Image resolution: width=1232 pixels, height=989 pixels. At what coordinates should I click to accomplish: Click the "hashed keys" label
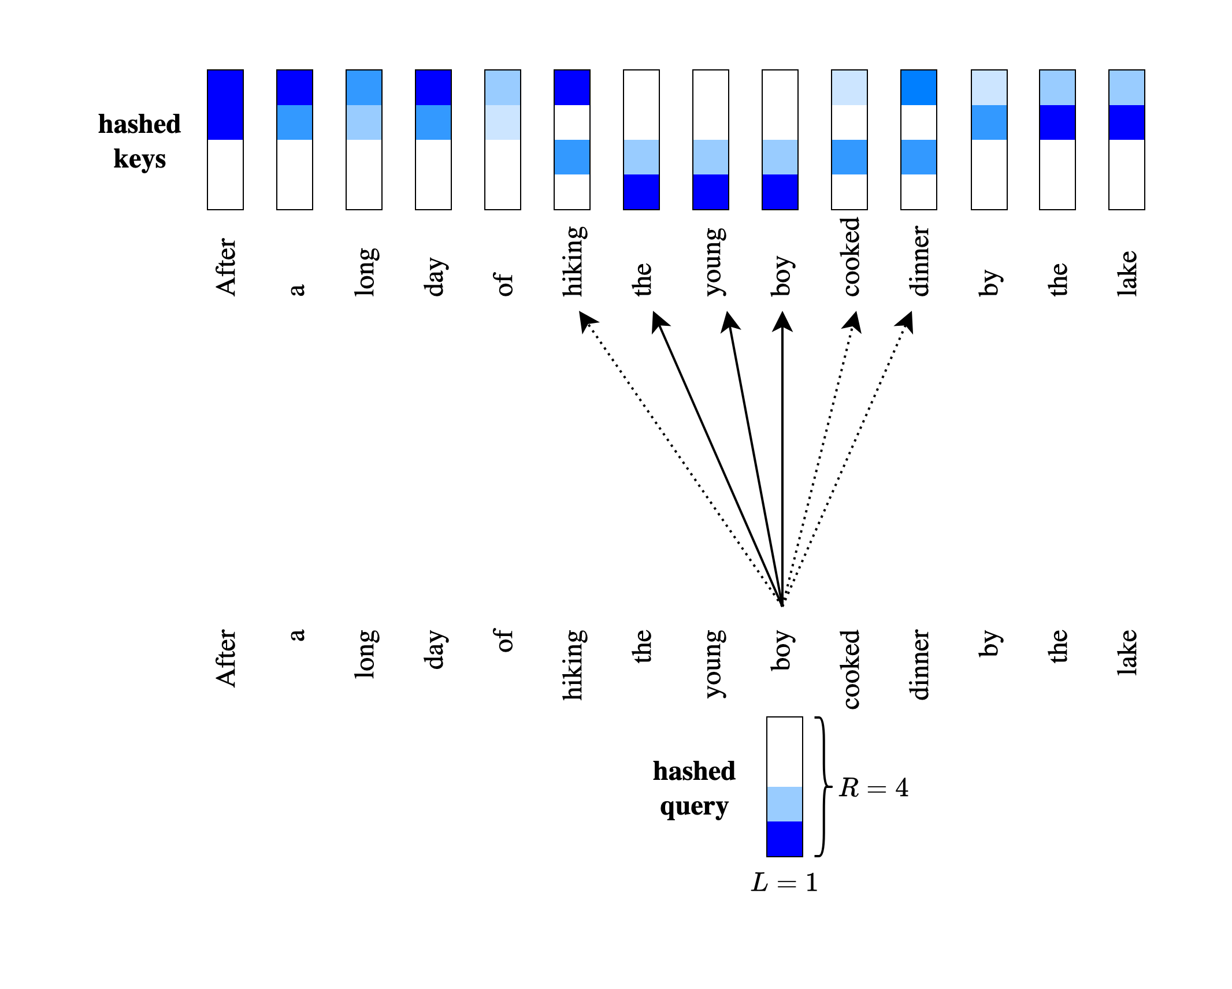click(x=139, y=142)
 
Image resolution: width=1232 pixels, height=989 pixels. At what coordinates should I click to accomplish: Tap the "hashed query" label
click(x=694, y=789)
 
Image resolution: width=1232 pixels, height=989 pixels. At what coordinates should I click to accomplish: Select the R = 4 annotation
click(x=873, y=787)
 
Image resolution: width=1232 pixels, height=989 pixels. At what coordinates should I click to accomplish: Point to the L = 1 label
click(x=784, y=883)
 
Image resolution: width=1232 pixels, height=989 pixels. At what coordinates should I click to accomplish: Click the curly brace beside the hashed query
click(x=822, y=786)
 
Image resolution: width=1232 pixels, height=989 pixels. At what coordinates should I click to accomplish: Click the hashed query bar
click(x=784, y=786)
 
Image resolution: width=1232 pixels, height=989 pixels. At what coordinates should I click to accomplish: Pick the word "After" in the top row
click(x=226, y=267)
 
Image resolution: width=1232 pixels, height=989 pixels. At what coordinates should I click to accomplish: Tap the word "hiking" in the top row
click(x=574, y=261)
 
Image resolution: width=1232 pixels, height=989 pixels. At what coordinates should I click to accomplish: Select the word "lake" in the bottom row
click(x=1127, y=652)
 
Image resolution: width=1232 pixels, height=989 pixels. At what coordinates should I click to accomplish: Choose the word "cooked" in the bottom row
click(x=851, y=669)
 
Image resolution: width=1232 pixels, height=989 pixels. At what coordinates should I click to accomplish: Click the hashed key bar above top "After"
click(x=225, y=140)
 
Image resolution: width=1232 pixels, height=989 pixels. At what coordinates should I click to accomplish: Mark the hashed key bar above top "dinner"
click(x=919, y=140)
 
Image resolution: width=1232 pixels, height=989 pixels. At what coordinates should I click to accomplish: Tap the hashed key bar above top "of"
click(x=503, y=140)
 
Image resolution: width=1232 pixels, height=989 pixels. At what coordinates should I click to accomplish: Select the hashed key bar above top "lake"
click(x=1127, y=140)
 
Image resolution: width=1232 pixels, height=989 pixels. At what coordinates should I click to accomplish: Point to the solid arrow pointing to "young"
click(x=755, y=456)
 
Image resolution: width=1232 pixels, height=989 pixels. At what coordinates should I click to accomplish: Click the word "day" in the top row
click(x=435, y=277)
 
